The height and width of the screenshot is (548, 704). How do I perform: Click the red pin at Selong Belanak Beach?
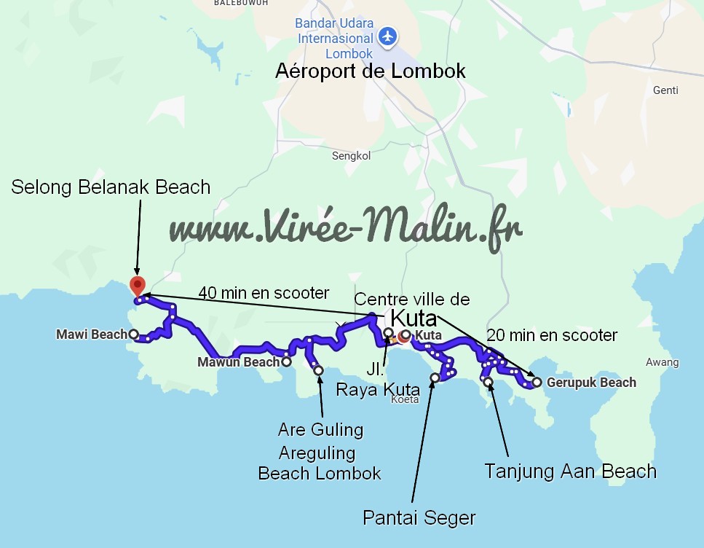[x=136, y=285]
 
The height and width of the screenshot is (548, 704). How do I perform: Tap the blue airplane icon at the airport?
[x=389, y=36]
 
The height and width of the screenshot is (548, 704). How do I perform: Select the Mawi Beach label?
[x=92, y=334]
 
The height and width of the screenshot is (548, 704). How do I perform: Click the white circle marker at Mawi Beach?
[x=133, y=334]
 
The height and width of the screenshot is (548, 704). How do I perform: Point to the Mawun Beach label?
[x=239, y=362]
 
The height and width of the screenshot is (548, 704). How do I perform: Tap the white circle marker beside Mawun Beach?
[x=287, y=361]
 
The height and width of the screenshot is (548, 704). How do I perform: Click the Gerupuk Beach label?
[x=591, y=383]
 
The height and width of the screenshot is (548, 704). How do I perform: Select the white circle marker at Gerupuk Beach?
[x=537, y=382]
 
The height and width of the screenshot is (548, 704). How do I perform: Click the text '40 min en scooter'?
[x=264, y=293]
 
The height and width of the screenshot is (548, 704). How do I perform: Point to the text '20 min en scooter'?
[x=552, y=335]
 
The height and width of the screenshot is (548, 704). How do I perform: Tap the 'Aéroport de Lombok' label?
[x=370, y=71]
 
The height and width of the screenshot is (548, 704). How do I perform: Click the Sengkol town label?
[x=352, y=156]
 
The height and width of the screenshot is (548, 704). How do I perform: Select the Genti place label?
[x=666, y=90]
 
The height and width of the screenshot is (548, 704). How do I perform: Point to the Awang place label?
[x=662, y=362]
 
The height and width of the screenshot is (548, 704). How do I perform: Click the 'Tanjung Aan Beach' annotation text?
[x=570, y=471]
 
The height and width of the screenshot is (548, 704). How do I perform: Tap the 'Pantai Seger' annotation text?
[x=419, y=518]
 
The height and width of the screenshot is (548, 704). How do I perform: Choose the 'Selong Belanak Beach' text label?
[x=111, y=187]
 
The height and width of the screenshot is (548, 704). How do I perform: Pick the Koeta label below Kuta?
[x=405, y=399]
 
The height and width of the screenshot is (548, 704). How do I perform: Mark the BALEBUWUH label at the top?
[x=241, y=3]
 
